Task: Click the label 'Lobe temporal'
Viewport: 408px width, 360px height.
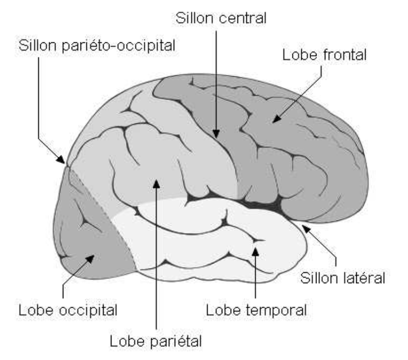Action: (x=256, y=309)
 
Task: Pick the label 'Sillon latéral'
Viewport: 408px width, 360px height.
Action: (x=343, y=277)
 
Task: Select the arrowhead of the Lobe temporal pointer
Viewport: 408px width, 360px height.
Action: (x=255, y=250)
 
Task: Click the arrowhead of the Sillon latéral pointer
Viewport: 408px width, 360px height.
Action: (x=304, y=226)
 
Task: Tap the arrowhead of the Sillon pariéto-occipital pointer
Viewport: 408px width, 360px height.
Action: (x=64, y=161)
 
